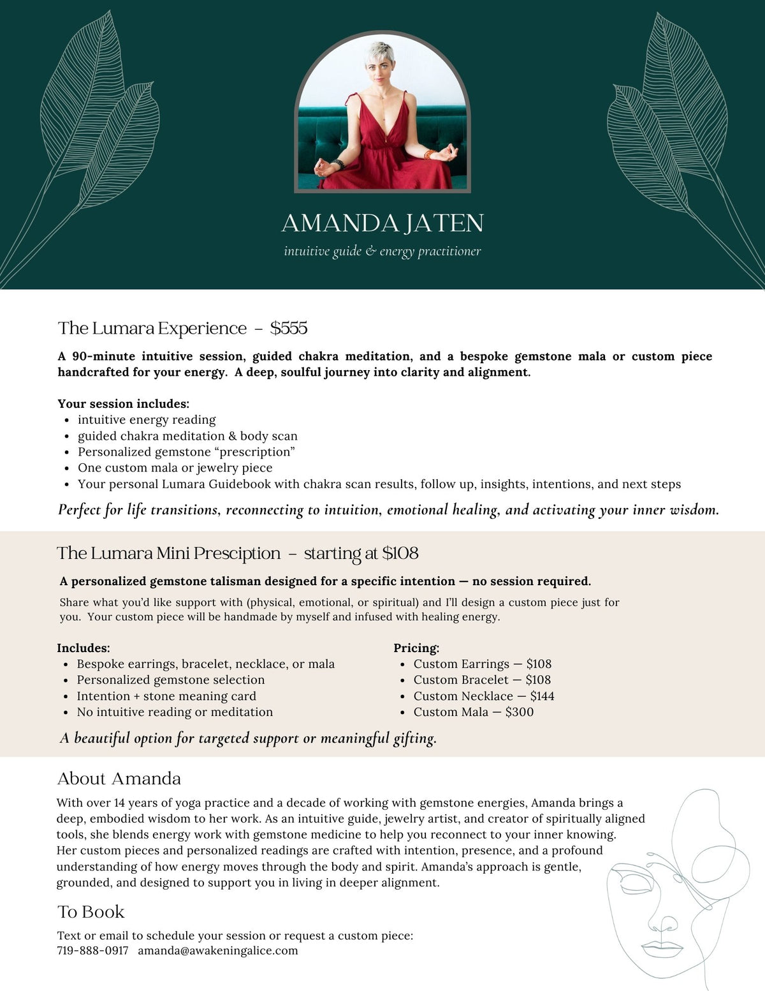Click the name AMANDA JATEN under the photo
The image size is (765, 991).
pyautogui.click(x=382, y=223)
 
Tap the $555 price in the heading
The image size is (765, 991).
pyautogui.click(x=289, y=328)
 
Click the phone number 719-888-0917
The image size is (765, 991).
pyautogui.click(x=92, y=951)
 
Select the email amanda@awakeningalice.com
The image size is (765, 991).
pyautogui.click(x=218, y=951)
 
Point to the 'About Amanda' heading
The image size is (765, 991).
pyautogui.click(x=119, y=779)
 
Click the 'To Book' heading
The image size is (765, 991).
pyautogui.click(x=91, y=912)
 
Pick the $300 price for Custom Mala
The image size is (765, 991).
pyautogui.click(x=520, y=712)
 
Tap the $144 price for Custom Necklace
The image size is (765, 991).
pyautogui.click(x=542, y=696)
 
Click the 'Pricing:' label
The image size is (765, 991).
pyautogui.click(x=416, y=648)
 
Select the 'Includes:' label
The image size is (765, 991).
pyautogui.click(x=83, y=648)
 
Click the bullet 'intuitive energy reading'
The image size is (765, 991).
pyautogui.click(x=147, y=420)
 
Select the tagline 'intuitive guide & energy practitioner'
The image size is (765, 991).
pyautogui.click(x=382, y=251)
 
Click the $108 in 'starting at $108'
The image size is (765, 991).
pyautogui.click(x=400, y=553)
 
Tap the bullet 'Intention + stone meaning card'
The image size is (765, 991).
pyautogui.click(x=166, y=696)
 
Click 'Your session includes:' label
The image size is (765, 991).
pyautogui.click(x=123, y=404)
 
